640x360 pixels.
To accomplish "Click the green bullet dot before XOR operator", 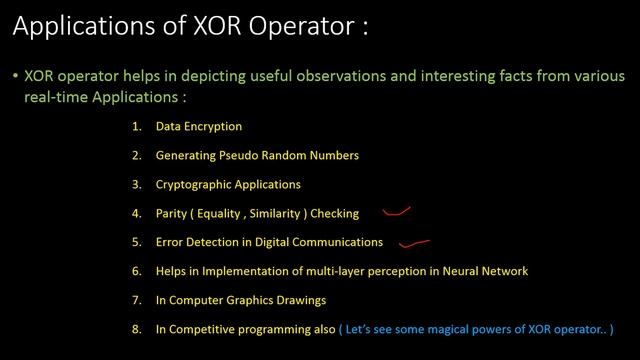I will coord(15,76).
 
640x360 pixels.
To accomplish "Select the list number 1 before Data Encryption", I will coord(136,127).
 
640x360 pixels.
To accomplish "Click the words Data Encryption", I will coord(199,127).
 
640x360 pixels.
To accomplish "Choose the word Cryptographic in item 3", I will coord(191,185).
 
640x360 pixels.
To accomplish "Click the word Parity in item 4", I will coord(172,213).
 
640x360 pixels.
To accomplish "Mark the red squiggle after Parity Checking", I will coord(398,211).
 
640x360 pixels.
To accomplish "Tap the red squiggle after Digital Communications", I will coord(414,240).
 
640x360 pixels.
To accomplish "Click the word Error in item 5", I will coord(170,242).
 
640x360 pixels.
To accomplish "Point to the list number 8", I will coord(136,329).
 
